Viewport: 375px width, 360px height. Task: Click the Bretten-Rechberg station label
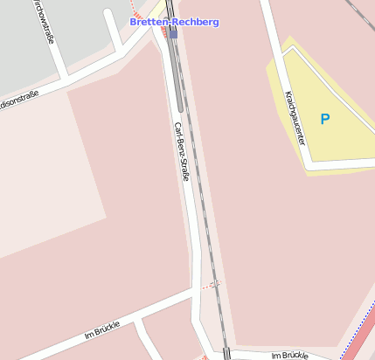click(x=174, y=21)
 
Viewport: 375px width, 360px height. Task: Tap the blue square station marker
click(x=173, y=34)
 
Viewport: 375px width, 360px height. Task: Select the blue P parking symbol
click(x=325, y=119)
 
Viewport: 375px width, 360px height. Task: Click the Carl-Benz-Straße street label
click(x=182, y=151)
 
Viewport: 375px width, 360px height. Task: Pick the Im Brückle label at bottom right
click(x=290, y=356)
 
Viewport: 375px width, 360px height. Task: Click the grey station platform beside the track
click(x=178, y=79)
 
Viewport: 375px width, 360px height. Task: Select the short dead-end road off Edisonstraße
click(x=114, y=31)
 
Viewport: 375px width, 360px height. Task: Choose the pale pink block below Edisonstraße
click(x=44, y=175)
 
